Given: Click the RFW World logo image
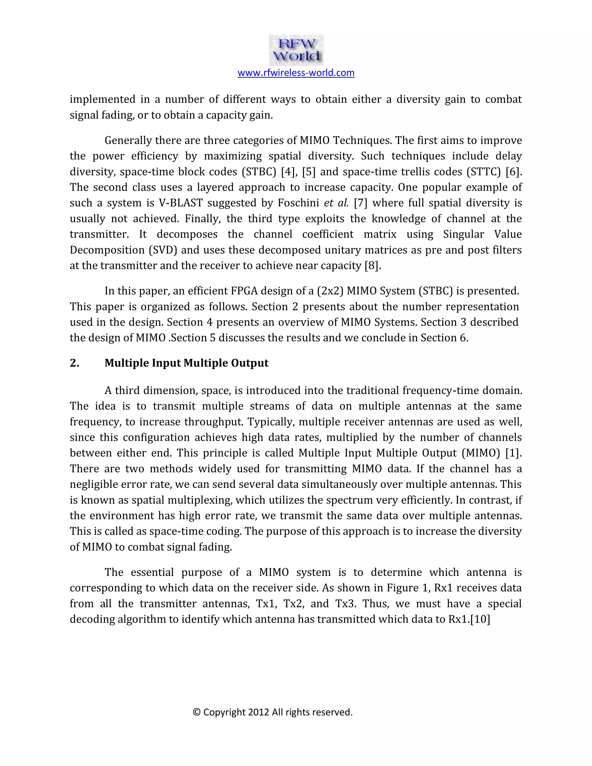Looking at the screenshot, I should (296, 51).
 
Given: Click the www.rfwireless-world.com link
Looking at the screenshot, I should (296, 73).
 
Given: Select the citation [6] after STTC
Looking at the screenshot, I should (513, 172).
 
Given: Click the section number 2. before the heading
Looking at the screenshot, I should (74, 363).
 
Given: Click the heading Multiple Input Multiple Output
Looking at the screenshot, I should (186, 363).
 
